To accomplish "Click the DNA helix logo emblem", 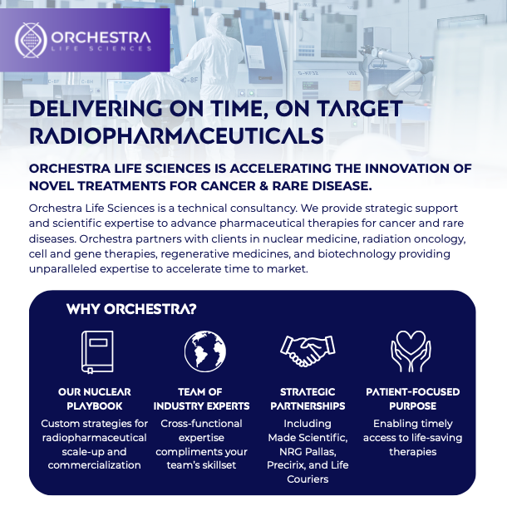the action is tap(31, 41).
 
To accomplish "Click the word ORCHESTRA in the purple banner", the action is tap(101, 38).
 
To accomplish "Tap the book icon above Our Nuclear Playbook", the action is tap(97, 352).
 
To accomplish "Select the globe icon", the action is tap(205, 351).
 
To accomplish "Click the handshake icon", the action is tap(308, 351).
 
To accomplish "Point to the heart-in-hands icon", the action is tap(411, 351).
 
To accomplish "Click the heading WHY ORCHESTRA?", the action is tap(131, 309).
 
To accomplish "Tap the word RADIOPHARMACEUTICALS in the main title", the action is tap(176, 135).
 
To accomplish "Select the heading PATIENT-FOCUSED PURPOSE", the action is tap(412, 399).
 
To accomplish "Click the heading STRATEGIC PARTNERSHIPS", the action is tap(308, 399).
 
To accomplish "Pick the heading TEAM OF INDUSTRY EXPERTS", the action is tap(201, 399).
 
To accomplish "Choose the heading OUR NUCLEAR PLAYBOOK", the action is tap(95, 399).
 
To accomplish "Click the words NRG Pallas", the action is tap(308, 451).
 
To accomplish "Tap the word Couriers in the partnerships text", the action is tap(308, 479).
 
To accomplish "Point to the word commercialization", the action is tap(95, 465).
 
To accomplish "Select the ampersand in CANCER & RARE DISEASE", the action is tap(264, 186).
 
